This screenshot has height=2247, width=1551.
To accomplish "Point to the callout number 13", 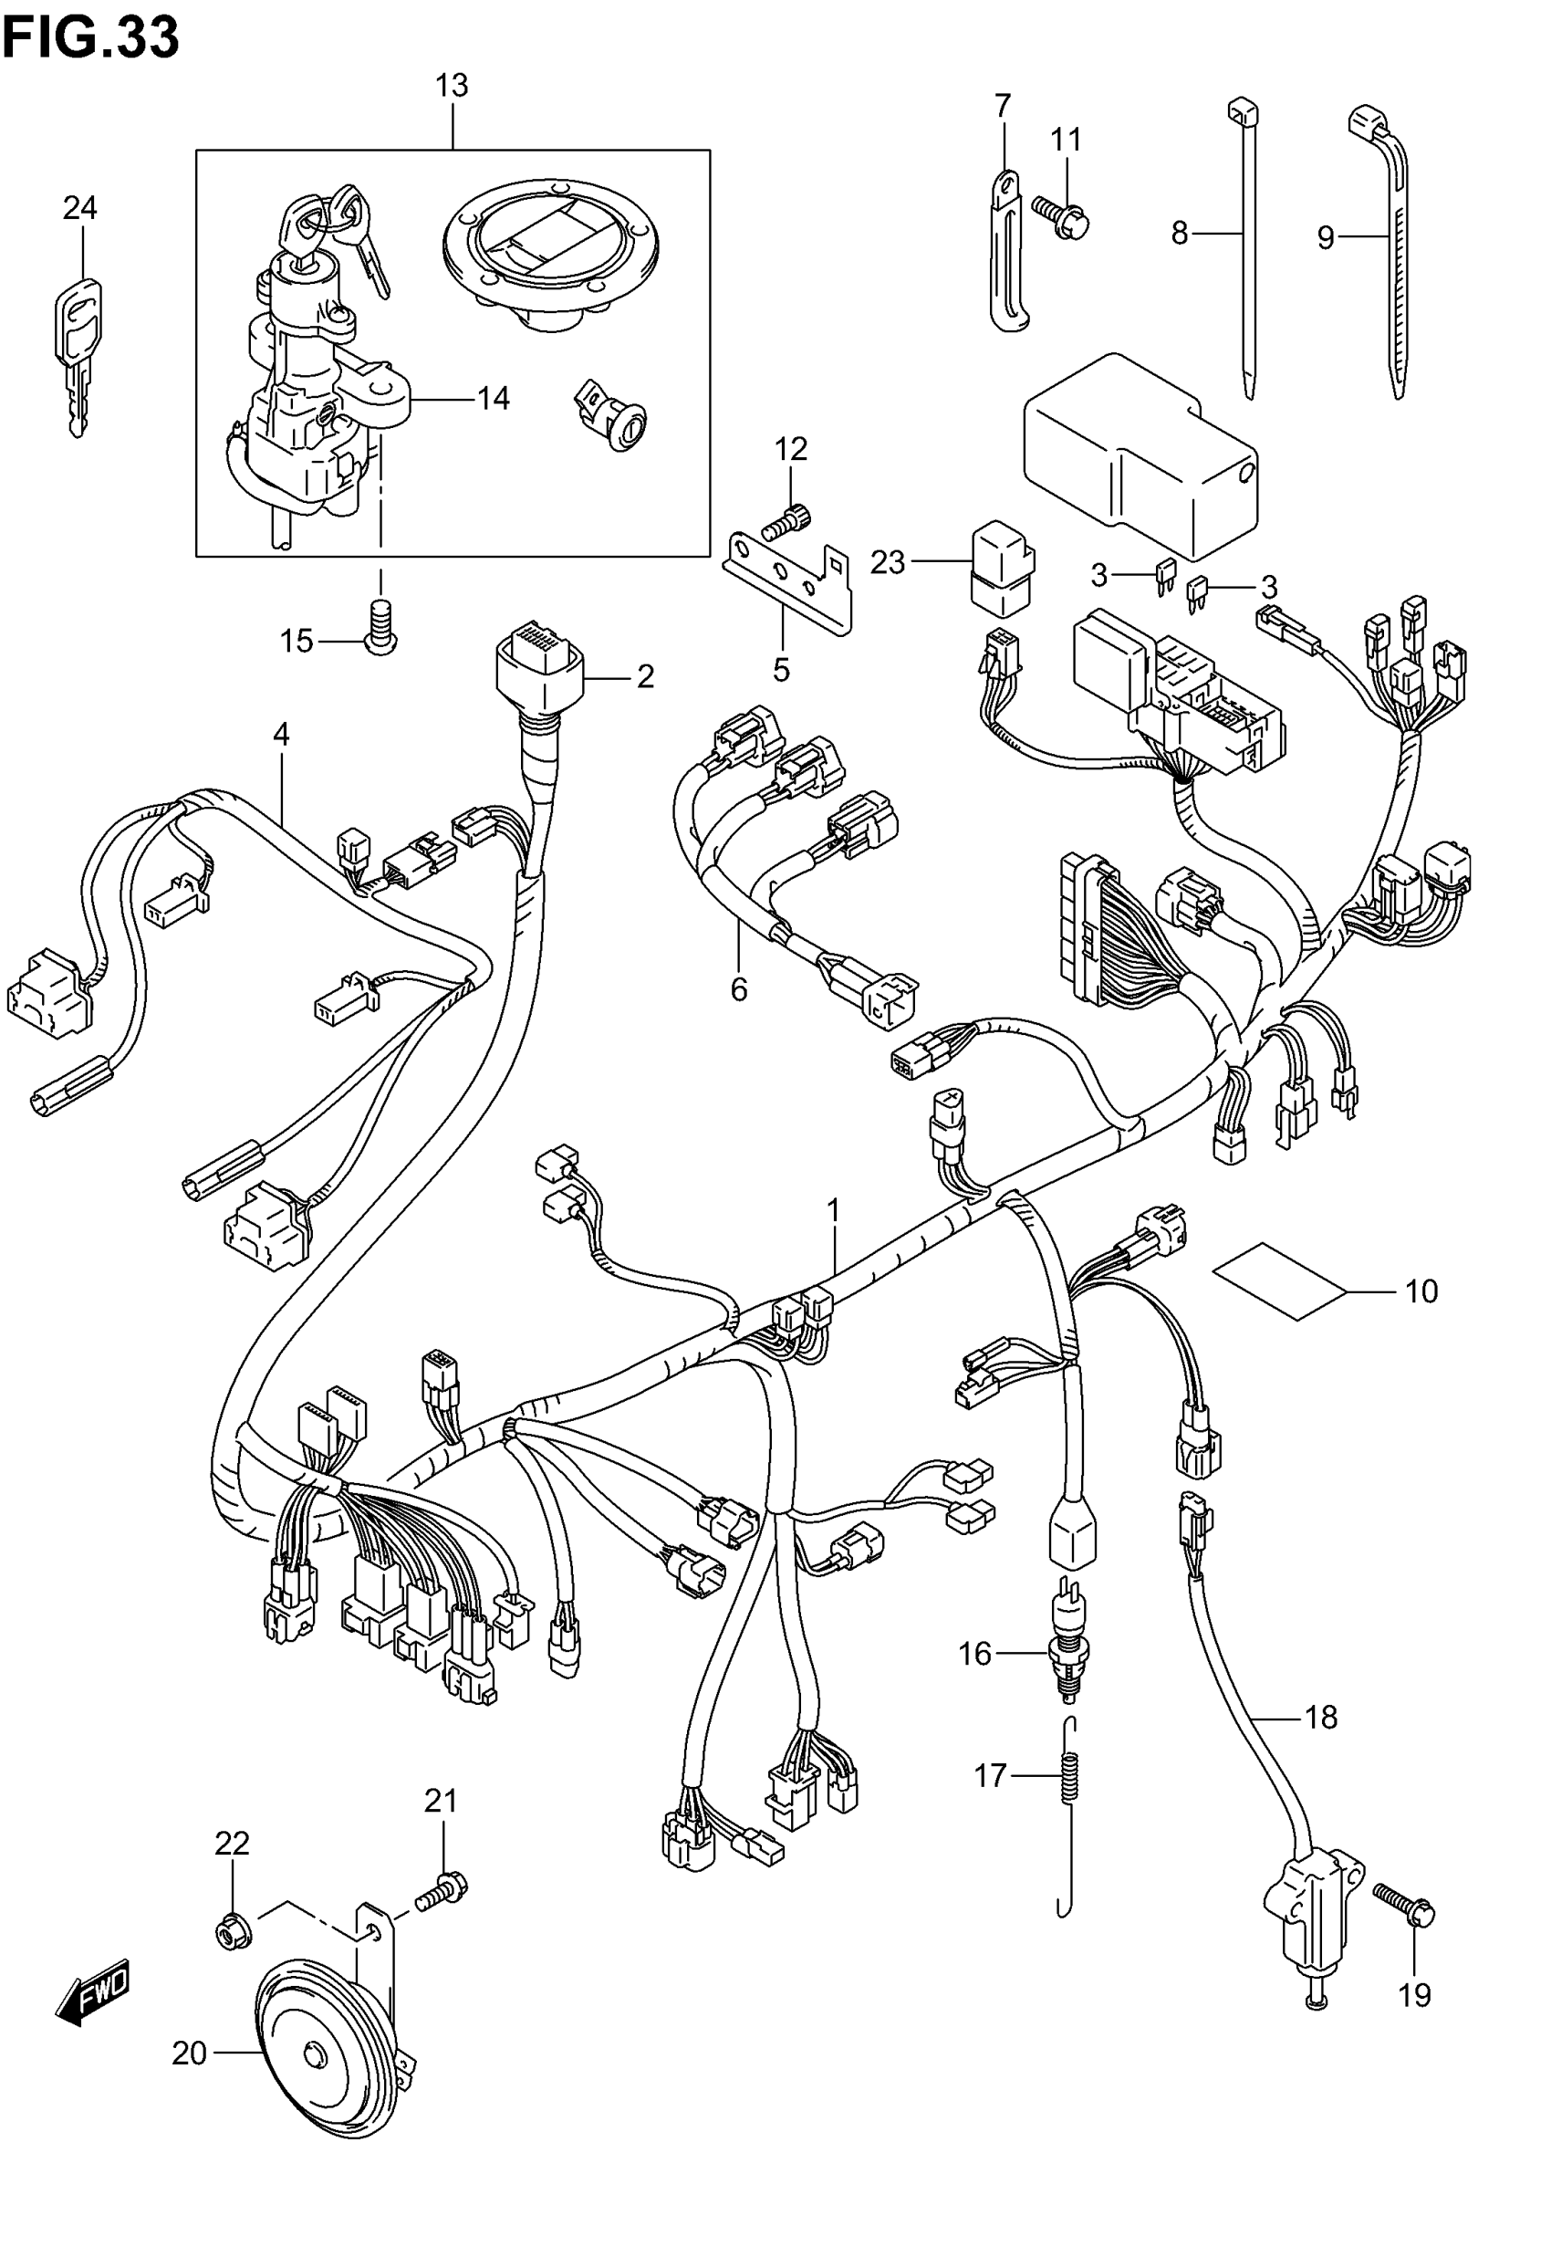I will (451, 87).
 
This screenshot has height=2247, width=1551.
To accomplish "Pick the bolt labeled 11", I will (1061, 216).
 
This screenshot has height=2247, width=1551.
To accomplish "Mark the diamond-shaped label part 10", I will (1279, 1281).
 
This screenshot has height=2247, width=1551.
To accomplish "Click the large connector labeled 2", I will (541, 671).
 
